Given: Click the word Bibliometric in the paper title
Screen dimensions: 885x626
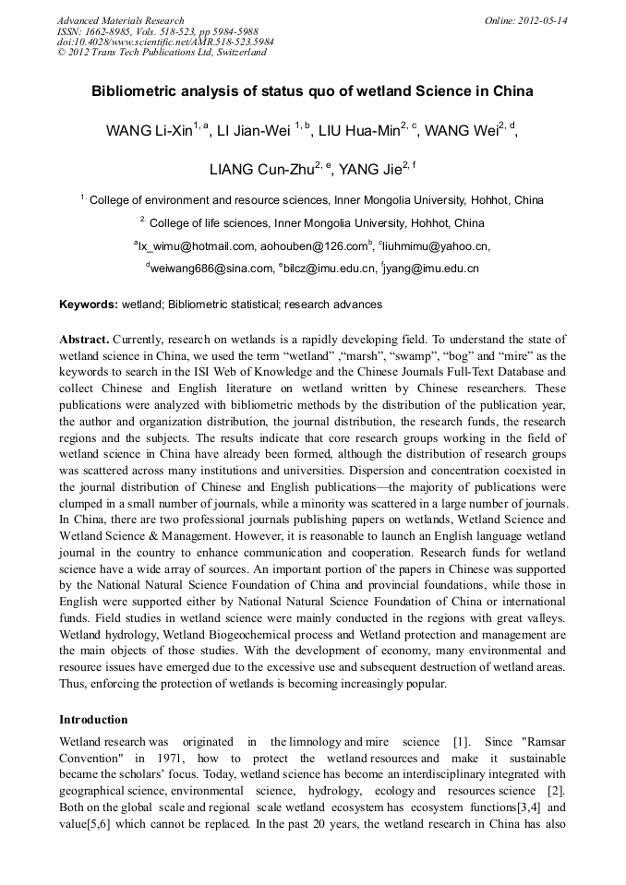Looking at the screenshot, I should point(135,92).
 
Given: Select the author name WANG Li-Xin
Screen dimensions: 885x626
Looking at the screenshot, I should point(149,131).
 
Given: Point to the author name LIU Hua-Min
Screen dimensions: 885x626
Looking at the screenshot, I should point(359,131).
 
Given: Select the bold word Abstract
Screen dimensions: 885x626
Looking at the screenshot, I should point(84,341).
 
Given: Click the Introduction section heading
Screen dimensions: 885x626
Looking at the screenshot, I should point(93,719).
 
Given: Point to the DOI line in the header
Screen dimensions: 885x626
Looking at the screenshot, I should point(165,42).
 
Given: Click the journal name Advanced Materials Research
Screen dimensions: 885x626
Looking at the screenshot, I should point(120,20).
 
